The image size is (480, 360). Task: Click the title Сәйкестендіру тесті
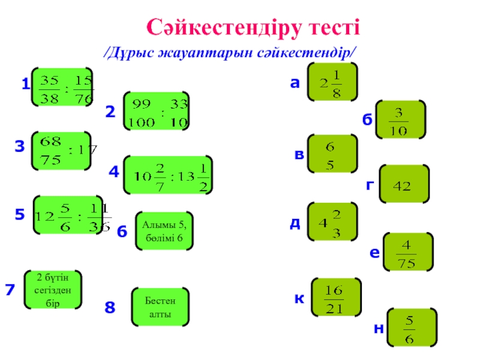tap(253, 27)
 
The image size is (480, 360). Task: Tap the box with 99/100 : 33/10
tap(156, 111)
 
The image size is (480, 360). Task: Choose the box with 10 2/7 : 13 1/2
tap(169, 175)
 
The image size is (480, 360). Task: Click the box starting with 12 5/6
tap(68, 214)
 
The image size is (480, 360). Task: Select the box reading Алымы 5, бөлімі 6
tap(164, 231)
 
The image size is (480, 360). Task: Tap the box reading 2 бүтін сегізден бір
tap(53, 290)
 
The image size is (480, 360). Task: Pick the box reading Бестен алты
tap(160, 307)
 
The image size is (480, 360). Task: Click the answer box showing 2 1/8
tap(332, 83)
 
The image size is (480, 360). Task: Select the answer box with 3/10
tap(401, 120)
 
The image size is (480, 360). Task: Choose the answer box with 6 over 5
tap(332, 154)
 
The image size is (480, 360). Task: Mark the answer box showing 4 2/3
tap(332, 223)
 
